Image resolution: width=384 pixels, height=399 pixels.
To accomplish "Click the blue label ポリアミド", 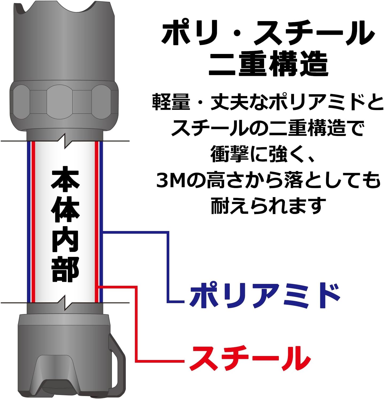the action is pos(264,296).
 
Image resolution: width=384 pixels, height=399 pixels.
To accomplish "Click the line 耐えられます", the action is pos(268,206).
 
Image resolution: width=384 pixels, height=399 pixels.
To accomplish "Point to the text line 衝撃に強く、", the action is pos(263,154).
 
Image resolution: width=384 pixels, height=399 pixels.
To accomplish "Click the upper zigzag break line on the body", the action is pos(64,141).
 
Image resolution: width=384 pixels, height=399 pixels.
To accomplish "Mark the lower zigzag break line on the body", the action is pos(64,303).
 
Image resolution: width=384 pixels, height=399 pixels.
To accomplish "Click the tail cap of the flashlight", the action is pos(64,355).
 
